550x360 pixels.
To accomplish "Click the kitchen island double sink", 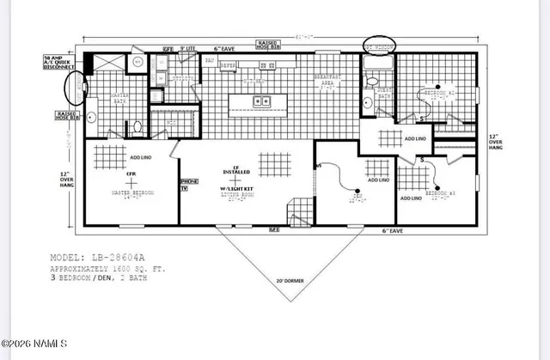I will pos(260,102).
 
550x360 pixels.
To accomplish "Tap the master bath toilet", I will pos(137,128).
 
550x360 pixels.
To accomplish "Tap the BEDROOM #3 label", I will pos(437,195).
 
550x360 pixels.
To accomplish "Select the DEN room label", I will pos(376,195).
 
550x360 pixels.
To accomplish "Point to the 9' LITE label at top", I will pos(190,52).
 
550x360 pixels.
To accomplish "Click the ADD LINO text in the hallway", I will pos(415,137).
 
